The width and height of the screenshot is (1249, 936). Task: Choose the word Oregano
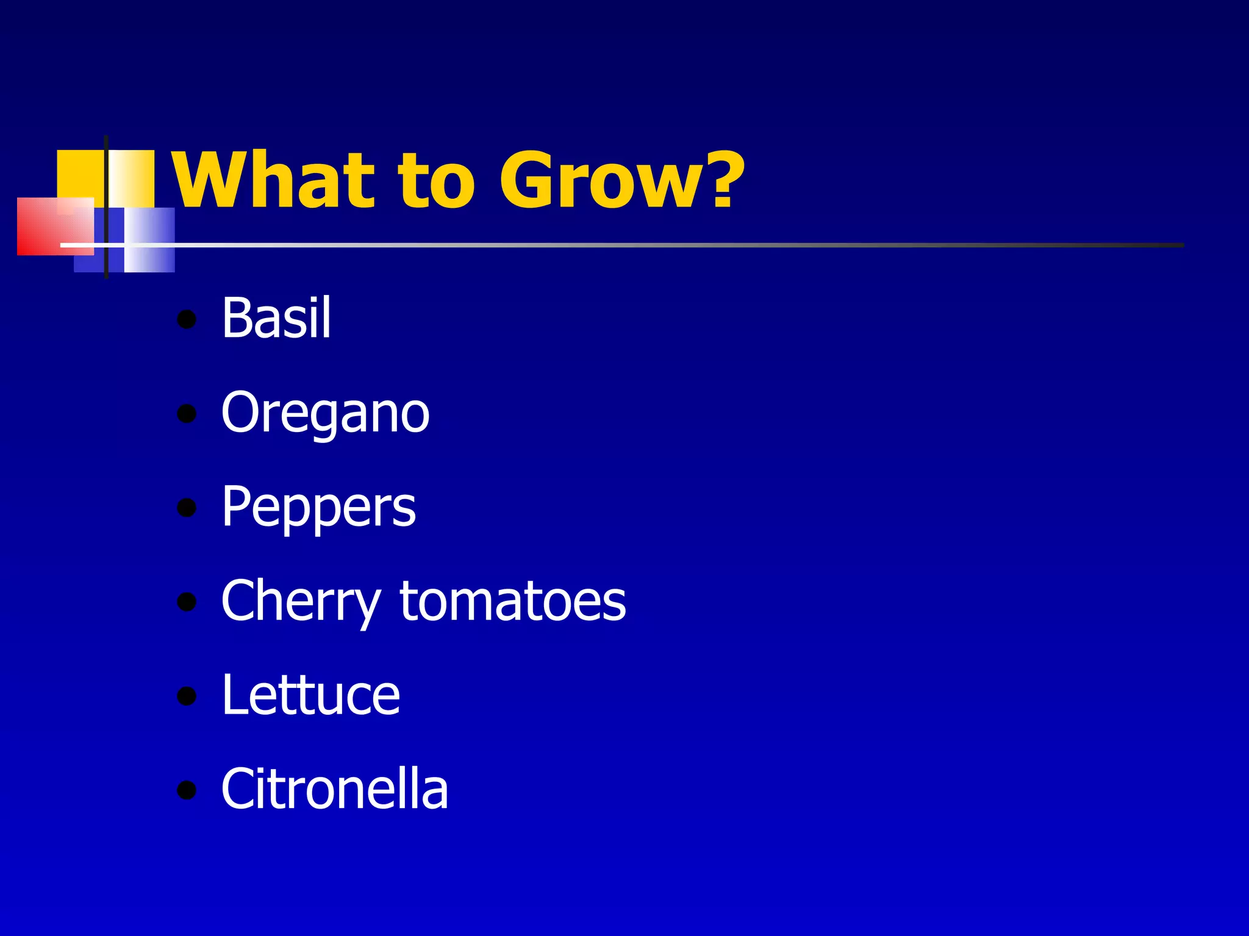325,413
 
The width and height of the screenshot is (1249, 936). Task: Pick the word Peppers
318,508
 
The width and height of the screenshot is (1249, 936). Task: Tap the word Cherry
301,602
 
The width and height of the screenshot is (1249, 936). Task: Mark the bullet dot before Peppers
187,508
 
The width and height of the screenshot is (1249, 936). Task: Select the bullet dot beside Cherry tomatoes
187,603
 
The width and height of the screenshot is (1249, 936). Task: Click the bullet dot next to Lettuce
187,697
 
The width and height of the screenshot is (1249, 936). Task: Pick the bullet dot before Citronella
187,790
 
